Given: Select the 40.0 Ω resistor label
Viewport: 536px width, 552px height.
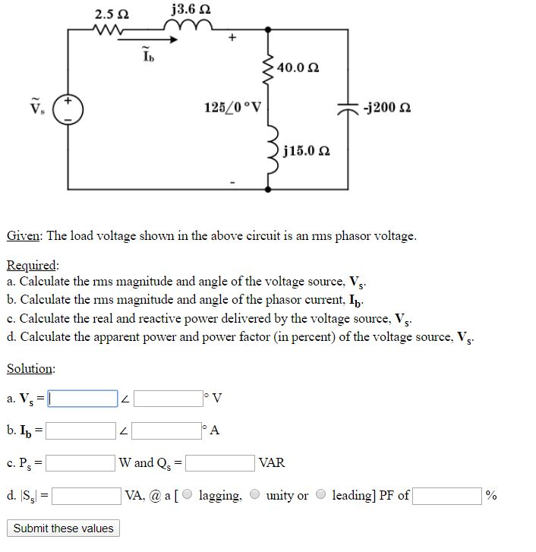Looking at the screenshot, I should point(298,68).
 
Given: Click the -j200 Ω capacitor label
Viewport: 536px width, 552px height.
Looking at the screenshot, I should point(388,107).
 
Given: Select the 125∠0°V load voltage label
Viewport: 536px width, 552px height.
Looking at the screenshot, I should point(232,107).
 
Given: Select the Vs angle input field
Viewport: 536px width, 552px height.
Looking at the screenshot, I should point(168,399).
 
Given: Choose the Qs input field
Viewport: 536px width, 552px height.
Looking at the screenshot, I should point(220,462).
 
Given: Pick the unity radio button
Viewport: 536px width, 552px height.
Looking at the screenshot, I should point(255,496).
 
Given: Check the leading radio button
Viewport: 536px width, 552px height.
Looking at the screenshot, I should point(322,496).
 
